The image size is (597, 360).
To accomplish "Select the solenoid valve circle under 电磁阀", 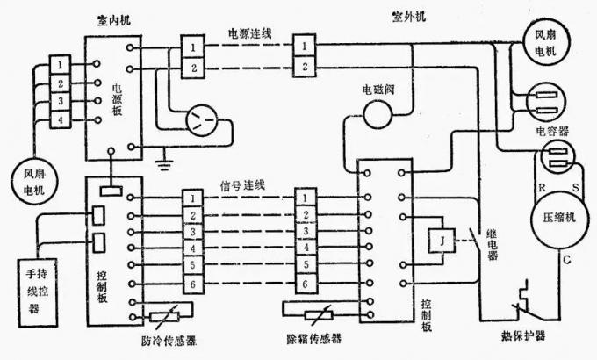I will (x=379, y=112).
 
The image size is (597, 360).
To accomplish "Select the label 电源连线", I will (x=249, y=32).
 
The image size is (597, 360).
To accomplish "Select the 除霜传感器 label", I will (x=313, y=339).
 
